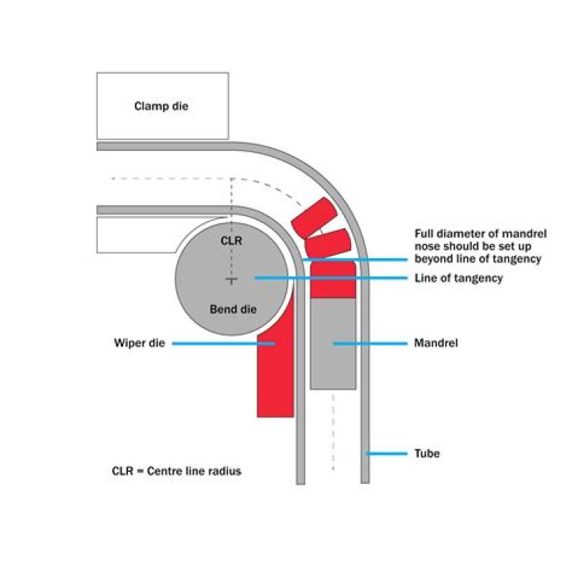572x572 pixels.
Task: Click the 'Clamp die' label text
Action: pyautogui.click(x=163, y=105)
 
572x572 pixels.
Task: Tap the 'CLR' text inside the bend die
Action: pyautogui.click(x=232, y=238)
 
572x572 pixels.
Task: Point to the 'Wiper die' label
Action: pyautogui.click(x=139, y=344)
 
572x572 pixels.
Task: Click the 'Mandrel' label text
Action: pyautogui.click(x=437, y=344)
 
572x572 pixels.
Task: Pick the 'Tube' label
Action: pyautogui.click(x=427, y=454)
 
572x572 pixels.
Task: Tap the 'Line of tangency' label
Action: pyautogui.click(x=458, y=278)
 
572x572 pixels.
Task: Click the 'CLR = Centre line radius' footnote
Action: pyautogui.click(x=176, y=471)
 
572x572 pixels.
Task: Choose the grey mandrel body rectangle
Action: pyautogui.click(x=332, y=350)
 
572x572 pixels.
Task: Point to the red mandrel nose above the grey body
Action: pyautogui.click(x=332, y=279)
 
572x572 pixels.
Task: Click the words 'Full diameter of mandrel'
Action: pyautogui.click(x=473, y=234)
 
